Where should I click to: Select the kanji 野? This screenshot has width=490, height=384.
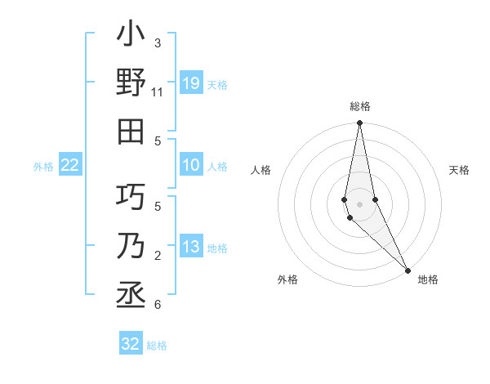(x=131, y=83)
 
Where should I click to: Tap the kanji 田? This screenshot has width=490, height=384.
(x=131, y=132)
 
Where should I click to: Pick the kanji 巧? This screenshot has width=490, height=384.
(x=131, y=197)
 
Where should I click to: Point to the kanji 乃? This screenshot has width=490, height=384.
(x=131, y=246)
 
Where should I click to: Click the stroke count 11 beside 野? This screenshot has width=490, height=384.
(x=158, y=93)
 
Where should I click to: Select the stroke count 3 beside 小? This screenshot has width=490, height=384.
(x=158, y=43)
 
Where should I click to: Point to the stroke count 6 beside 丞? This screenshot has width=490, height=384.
(x=158, y=306)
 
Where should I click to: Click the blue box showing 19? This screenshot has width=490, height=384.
(x=191, y=83)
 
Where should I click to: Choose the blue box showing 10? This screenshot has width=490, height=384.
(x=191, y=166)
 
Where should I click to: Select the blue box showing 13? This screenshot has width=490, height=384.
(x=191, y=248)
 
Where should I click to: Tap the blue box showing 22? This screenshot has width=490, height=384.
(x=70, y=166)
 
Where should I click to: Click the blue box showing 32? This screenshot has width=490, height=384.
(x=131, y=344)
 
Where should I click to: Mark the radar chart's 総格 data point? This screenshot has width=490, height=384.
(x=359, y=123)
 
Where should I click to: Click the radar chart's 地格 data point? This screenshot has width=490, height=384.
(x=407, y=269)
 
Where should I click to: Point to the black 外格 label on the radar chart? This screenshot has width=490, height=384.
(x=287, y=279)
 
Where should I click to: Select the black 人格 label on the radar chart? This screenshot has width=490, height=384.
(x=261, y=170)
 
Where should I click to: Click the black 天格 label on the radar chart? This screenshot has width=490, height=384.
(x=460, y=170)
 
